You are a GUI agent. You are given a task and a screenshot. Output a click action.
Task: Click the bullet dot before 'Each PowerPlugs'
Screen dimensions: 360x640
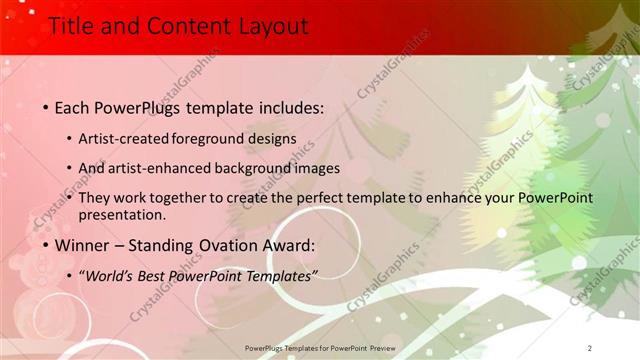pyautogui.click(x=45, y=106)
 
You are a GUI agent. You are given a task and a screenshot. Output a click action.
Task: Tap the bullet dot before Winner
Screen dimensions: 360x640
pyautogui.click(x=45, y=245)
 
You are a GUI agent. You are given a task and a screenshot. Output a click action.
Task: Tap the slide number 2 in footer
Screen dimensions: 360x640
pyautogui.click(x=590, y=347)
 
